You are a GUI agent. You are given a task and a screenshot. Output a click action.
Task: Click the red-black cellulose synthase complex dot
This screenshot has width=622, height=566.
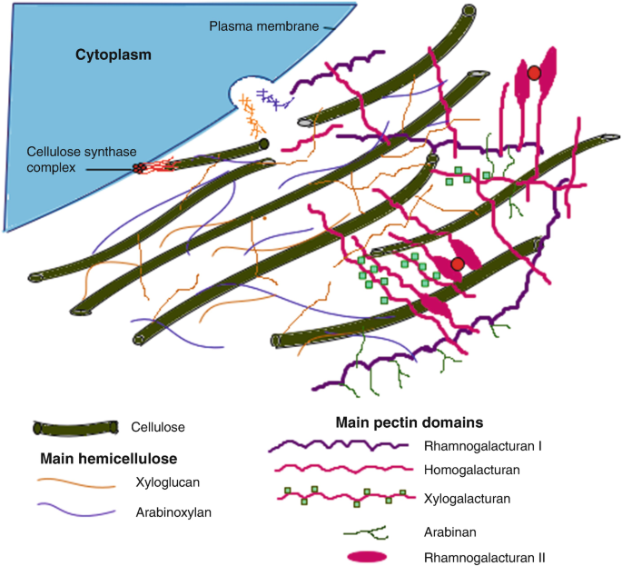click(x=139, y=168)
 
